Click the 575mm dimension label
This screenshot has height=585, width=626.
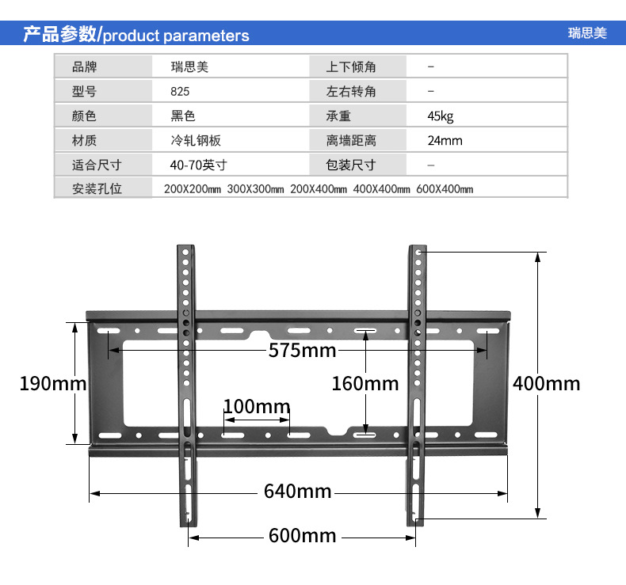point(302,350)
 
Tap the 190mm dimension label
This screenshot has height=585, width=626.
point(52,384)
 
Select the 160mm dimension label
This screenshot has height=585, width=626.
point(365,384)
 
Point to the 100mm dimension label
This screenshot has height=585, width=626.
point(257,407)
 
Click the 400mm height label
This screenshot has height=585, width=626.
point(547,384)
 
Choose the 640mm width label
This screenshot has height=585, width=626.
point(298,492)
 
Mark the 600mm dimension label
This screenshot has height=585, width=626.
point(303,536)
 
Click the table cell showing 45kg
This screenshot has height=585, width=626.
point(441,116)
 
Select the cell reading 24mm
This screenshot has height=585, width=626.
point(445,141)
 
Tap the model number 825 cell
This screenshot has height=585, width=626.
point(180,92)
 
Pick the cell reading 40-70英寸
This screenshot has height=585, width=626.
point(198,165)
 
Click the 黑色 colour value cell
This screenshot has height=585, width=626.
point(183,116)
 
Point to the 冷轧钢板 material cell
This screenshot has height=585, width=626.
point(196,141)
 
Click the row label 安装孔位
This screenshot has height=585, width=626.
point(97,189)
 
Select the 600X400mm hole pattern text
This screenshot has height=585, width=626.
point(444,189)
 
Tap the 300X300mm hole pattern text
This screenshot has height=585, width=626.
point(255,189)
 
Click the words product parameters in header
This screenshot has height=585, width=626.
point(176,36)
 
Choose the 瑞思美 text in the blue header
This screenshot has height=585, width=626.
point(586,33)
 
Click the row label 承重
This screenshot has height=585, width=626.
point(338,116)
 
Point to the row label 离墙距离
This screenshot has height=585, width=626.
point(351,141)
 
